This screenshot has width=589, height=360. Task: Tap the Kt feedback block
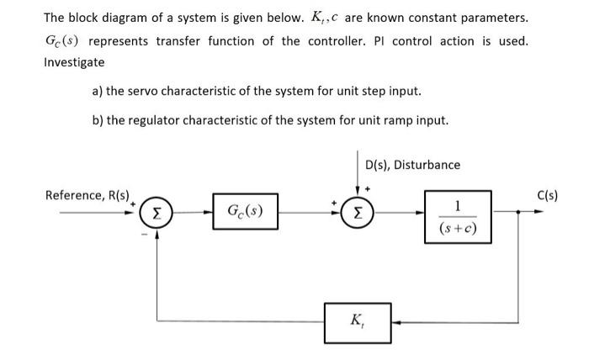coord(358,320)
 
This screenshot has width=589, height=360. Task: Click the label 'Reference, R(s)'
coord(87,195)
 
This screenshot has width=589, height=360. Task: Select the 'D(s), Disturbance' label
coord(413,165)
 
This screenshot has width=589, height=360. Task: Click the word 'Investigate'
coord(74,62)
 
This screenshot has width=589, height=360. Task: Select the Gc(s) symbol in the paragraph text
coord(62,41)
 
